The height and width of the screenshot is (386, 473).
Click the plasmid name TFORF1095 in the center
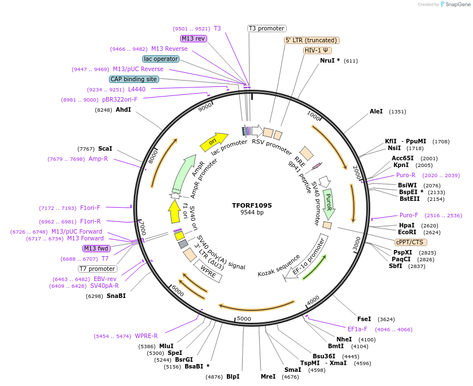(x=251, y=205)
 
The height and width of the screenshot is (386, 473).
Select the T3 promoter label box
(x=267, y=28)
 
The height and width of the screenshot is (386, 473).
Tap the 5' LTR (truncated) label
(x=311, y=40)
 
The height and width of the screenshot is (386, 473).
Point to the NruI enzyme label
(x=330, y=60)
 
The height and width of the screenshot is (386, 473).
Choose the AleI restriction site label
(x=376, y=112)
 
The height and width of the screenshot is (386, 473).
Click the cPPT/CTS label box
(x=410, y=242)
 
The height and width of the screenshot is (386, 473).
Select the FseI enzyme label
(x=364, y=319)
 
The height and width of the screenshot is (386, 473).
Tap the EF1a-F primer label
(x=357, y=329)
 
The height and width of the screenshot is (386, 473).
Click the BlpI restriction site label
(x=233, y=376)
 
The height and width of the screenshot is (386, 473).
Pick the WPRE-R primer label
(x=146, y=336)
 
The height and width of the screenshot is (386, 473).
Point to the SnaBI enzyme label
(x=116, y=296)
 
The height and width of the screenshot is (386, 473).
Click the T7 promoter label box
(x=97, y=269)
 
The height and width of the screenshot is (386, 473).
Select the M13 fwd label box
(x=97, y=248)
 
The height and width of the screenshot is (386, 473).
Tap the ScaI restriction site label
(x=105, y=148)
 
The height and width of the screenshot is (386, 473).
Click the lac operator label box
(x=161, y=59)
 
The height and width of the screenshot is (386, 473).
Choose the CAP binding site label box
(x=134, y=80)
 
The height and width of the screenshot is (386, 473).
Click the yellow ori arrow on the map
(x=214, y=141)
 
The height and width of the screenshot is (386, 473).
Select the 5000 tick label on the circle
(x=243, y=319)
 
